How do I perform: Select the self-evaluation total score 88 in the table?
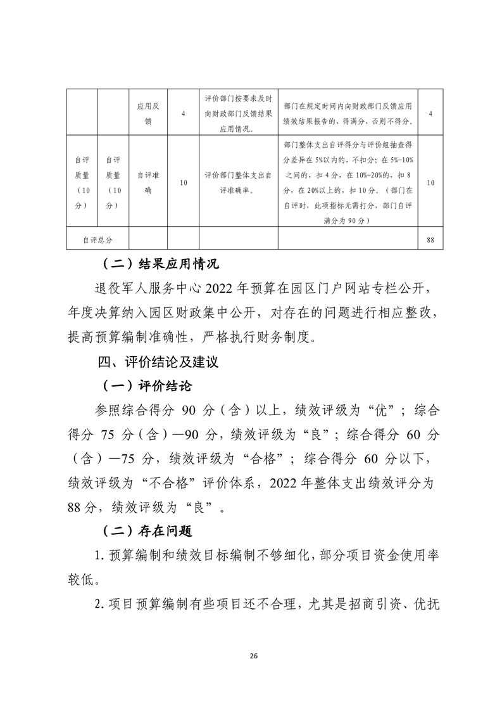point(430,240)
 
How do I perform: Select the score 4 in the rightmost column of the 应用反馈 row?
point(430,113)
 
